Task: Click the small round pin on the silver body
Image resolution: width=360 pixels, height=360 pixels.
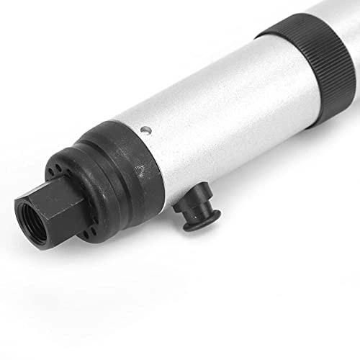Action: pyautogui.click(x=146, y=130)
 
